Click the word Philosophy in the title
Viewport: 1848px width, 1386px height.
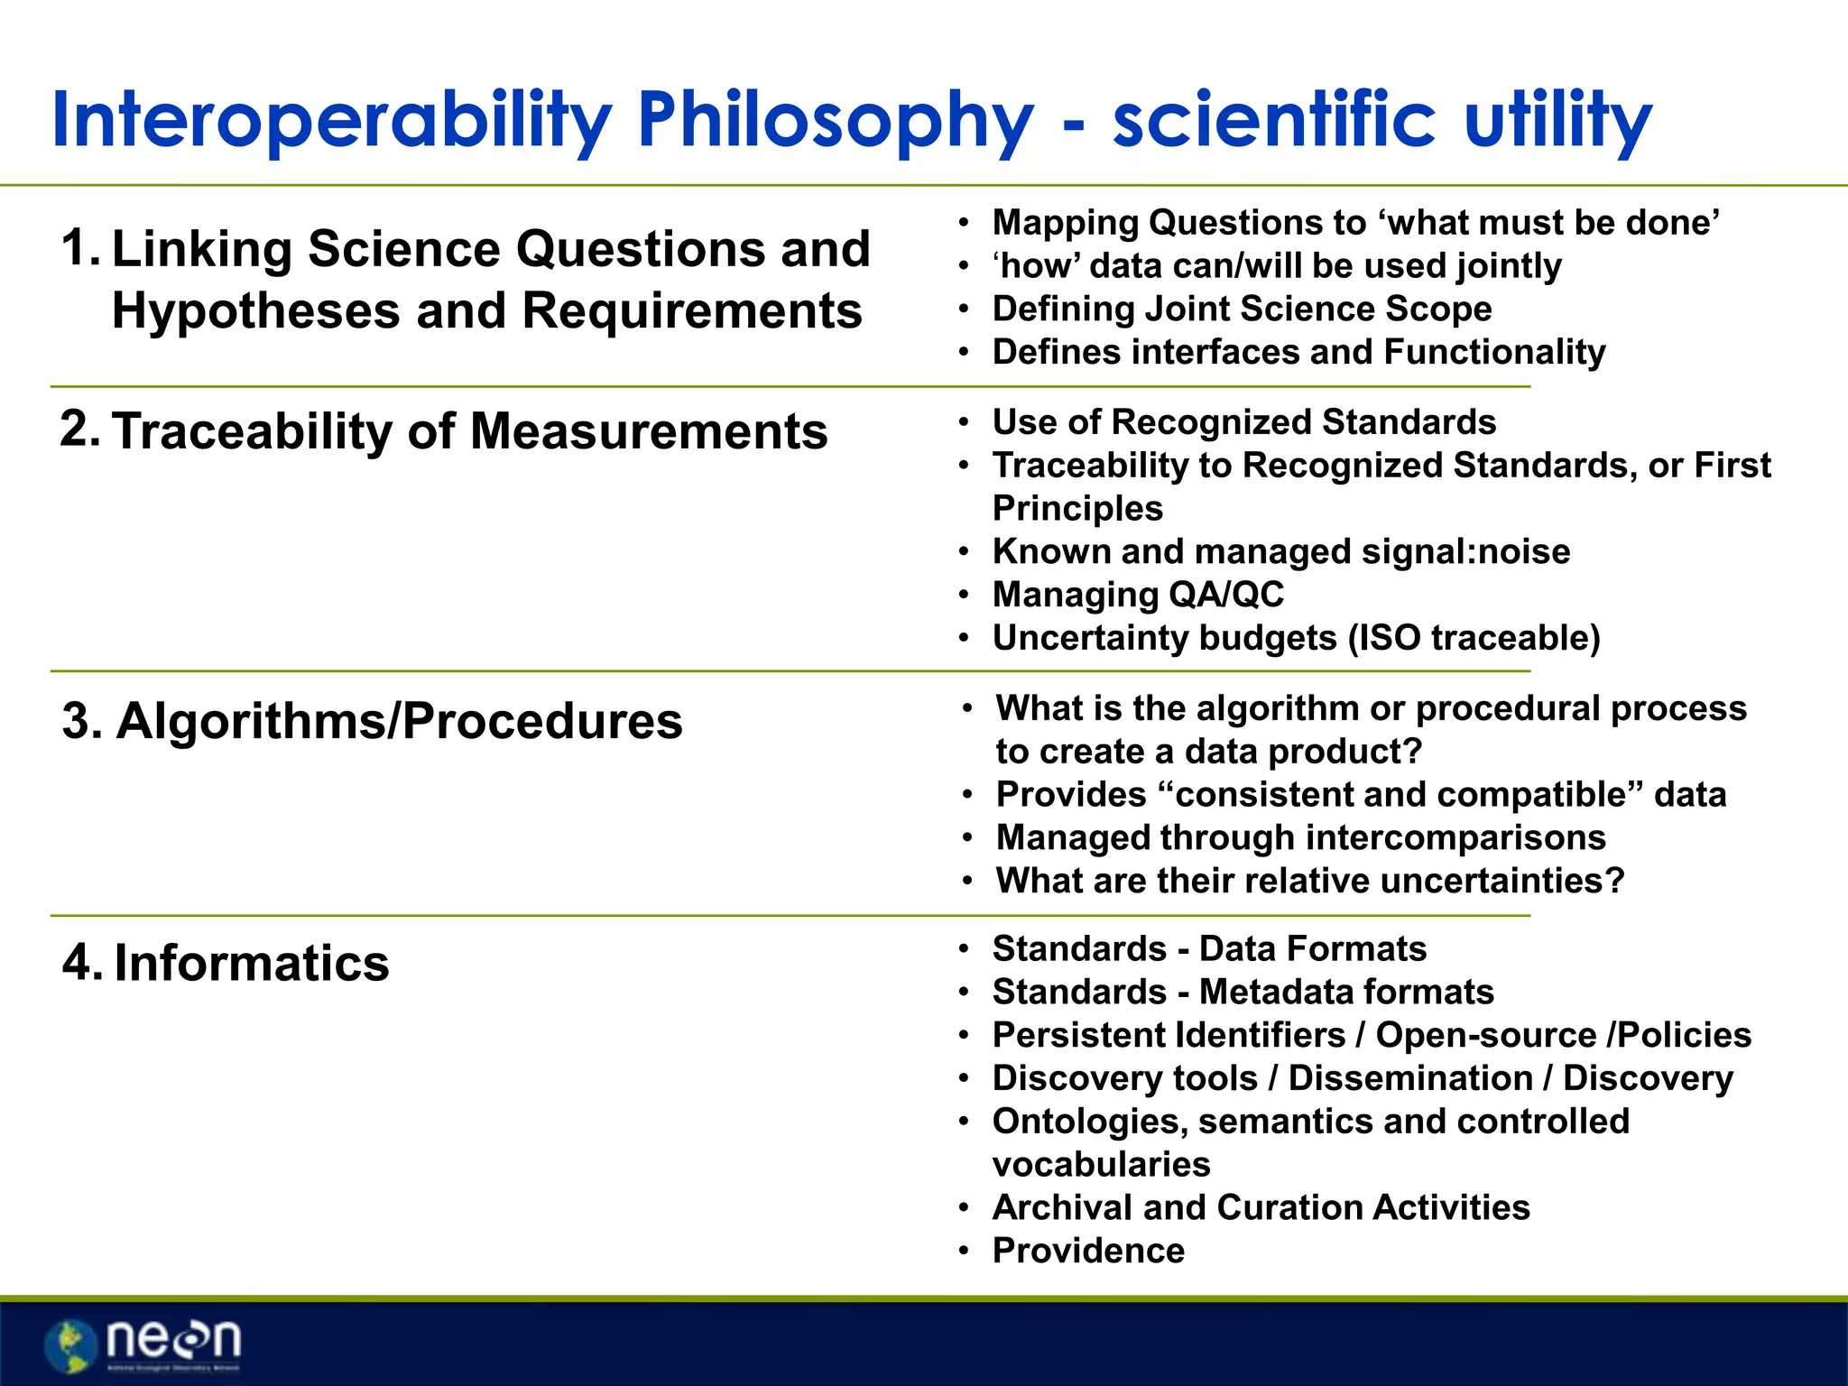[x=835, y=120]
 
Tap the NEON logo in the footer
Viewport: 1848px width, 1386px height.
[x=144, y=1344]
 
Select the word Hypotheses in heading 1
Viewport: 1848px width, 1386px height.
[x=255, y=311]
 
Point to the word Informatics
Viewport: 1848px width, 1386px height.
[x=252, y=963]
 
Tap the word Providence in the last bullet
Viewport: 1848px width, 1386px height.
[x=1088, y=1251]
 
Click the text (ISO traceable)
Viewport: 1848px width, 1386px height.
[x=1474, y=638]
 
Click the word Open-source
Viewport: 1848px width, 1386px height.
[x=1486, y=1035]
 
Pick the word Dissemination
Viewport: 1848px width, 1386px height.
[x=1410, y=1078]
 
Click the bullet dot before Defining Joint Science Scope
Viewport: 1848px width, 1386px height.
[x=964, y=310]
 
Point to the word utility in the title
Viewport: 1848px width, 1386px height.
[x=1557, y=120]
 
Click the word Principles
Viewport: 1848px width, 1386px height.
[x=1077, y=508]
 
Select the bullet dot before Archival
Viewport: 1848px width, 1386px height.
[x=964, y=1208]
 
